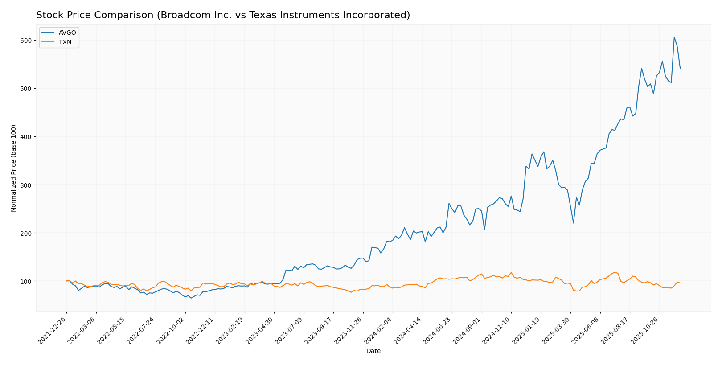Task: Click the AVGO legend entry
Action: [x=67, y=33]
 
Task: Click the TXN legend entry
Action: [x=65, y=42]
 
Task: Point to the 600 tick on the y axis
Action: [x=26, y=41]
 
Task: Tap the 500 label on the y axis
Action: [x=26, y=89]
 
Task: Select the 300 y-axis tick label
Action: [x=26, y=185]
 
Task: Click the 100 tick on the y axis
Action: [x=26, y=281]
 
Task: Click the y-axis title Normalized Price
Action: [x=14, y=168]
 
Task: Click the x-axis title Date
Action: [x=373, y=351]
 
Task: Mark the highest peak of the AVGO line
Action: [x=674, y=37]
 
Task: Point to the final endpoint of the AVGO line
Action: [x=680, y=68]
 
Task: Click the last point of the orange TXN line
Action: [x=680, y=283]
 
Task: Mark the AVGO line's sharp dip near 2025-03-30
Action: [x=574, y=223]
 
